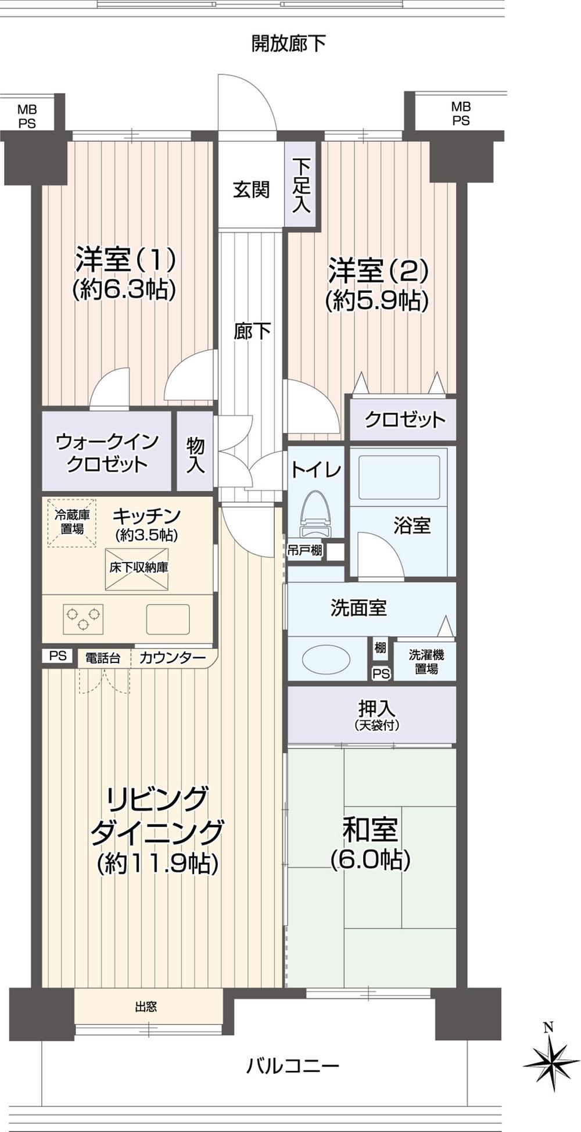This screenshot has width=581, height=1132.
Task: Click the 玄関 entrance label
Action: [x=251, y=189]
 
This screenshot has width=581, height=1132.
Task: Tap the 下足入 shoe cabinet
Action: [x=301, y=185]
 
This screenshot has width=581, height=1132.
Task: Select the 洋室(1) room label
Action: [x=125, y=259]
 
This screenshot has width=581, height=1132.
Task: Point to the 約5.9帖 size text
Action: [x=377, y=300]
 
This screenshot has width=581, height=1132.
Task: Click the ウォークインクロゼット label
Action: [x=107, y=453]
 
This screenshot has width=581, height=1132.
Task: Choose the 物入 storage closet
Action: [x=195, y=454]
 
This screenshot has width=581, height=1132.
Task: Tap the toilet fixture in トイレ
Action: [x=315, y=514]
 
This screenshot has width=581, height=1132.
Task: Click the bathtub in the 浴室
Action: [x=400, y=477]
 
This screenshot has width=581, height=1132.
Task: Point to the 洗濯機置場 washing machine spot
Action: [x=426, y=661]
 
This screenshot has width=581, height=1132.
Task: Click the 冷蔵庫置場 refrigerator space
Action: [x=72, y=522]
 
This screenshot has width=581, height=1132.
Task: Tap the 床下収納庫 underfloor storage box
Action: [x=137, y=568]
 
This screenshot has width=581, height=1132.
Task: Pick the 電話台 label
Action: [x=103, y=658]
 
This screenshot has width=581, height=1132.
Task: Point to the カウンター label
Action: [x=173, y=658]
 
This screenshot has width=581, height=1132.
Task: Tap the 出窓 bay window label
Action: [x=146, y=1006]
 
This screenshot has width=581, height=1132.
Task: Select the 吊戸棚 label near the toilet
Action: [x=305, y=550]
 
